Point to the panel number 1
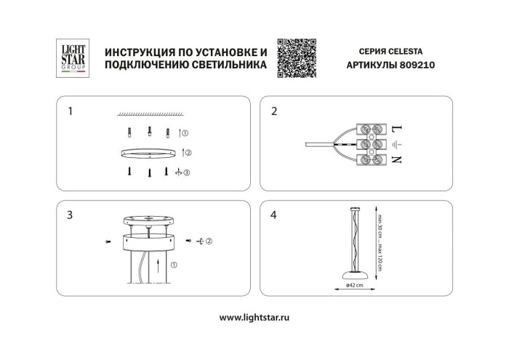coord(70,112)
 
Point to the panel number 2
coord(274,112)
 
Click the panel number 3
coord(70,215)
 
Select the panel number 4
coord(274,215)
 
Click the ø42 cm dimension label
coord(356,285)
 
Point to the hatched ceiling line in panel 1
coord(148,115)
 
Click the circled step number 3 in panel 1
coord(187,173)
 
